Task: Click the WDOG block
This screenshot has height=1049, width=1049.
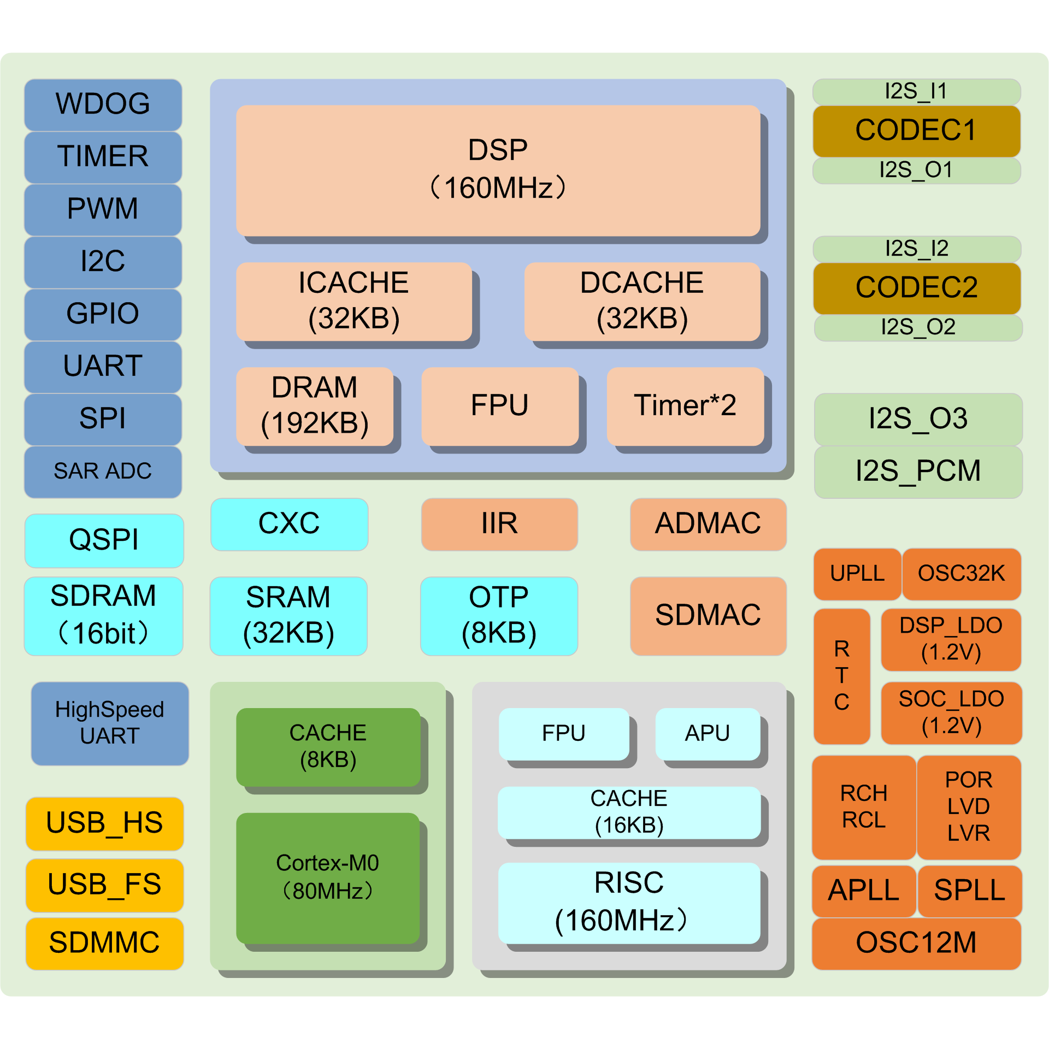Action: tap(103, 104)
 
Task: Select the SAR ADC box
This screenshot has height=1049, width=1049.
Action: tap(103, 472)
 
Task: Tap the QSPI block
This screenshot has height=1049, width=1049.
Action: tap(104, 540)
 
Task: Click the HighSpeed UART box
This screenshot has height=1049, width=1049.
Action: tap(110, 723)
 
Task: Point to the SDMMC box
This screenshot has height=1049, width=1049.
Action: tap(104, 943)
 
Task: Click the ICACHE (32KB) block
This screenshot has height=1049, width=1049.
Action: tap(353, 301)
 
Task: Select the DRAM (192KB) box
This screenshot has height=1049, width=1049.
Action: tap(315, 405)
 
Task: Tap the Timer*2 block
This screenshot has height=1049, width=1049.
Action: tap(685, 405)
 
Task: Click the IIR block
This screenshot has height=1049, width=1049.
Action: tap(499, 524)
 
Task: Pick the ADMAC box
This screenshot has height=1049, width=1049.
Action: tap(708, 524)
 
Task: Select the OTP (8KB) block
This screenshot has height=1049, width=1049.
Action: tap(499, 616)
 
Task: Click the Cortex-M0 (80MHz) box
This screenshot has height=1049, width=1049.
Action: tap(328, 877)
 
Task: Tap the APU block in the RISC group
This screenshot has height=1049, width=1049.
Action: tap(708, 734)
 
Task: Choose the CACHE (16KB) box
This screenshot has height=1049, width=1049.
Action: tap(629, 812)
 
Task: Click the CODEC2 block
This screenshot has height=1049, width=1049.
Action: tap(917, 288)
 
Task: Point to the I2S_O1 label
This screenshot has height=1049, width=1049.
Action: tap(916, 170)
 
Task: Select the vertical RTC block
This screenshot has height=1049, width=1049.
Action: tap(841, 676)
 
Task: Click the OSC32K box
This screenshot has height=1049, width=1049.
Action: tap(961, 574)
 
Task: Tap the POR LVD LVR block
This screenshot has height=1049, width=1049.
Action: tap(969, 807)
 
